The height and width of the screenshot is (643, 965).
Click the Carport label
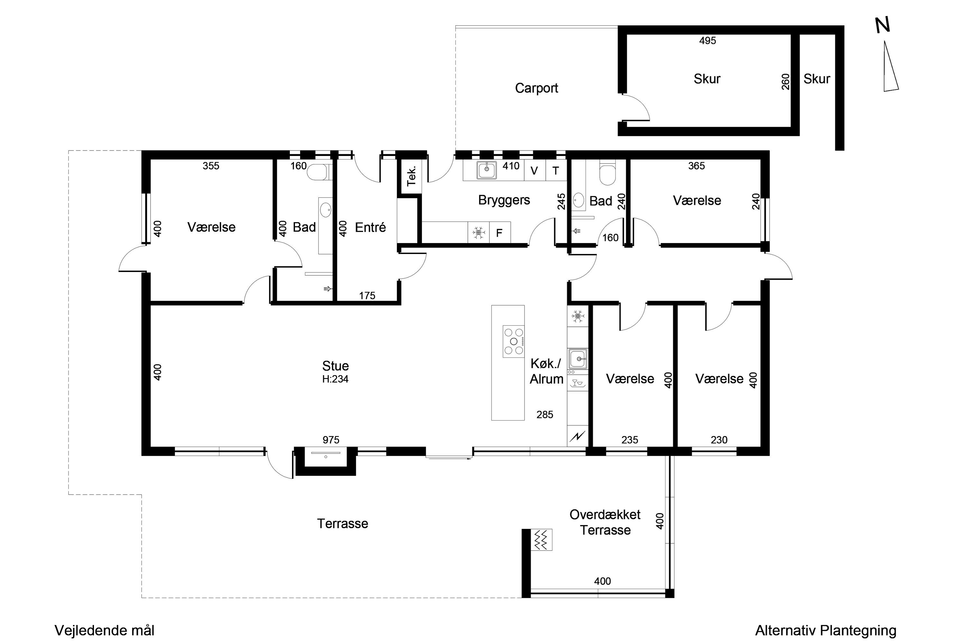coord(536,88)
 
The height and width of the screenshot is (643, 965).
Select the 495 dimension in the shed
coord(708,41)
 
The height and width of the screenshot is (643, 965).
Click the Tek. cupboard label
coord(411,176)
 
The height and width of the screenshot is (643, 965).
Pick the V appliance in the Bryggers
coord(534,171)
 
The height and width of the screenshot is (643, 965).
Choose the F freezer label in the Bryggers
coord(499,233)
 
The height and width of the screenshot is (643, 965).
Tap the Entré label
coord(370,227)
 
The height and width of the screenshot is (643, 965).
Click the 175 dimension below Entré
coord(367,296)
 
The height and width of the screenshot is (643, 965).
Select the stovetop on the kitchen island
coord(514,341)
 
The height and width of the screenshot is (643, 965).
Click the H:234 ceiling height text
coord(335,379)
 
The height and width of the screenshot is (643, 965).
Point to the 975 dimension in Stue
coord(331,440)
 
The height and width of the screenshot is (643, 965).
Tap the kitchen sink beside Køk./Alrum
coord(578,359)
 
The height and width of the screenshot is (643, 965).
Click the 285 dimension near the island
coord(545,415)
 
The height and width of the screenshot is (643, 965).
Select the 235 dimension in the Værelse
coord(630,440)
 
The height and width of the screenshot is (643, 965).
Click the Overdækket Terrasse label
coord(605,522)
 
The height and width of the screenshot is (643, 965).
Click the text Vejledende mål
coord(105,630)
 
